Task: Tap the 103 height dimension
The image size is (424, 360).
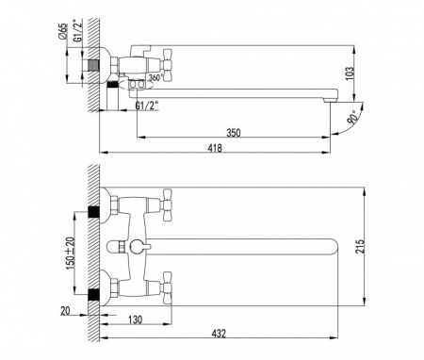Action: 375,72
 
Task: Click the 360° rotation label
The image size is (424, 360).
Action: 142,78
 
